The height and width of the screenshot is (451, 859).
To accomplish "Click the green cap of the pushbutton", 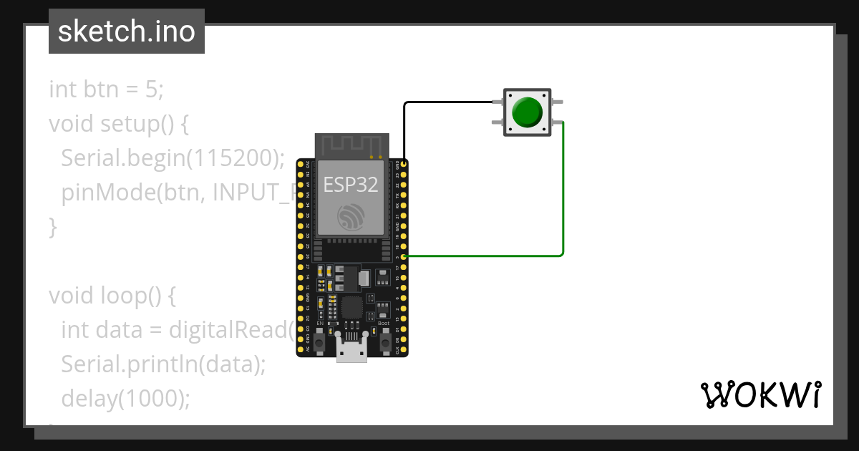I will click(x=528, y=112).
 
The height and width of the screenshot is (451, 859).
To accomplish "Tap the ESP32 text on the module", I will click(x=351, y=185).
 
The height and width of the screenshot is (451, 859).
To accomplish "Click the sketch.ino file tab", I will click(x=127, y=31).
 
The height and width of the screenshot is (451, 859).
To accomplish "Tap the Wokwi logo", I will click(x=759, y=394).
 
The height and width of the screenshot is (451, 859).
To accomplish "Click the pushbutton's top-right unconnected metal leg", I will click(x=558, y=102).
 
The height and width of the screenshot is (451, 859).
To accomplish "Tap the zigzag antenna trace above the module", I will click(x=351, y=146).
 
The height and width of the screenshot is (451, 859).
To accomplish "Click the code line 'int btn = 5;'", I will click(x=107, y=89).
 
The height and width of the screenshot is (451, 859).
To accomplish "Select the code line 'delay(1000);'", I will click(x=126, y=398).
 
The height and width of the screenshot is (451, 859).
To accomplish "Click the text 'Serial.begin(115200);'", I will click(x=173, y=158).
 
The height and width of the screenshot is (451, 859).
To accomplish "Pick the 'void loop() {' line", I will click(x=112, y=295).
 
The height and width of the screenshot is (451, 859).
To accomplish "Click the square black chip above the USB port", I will click(x=351, y=308).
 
